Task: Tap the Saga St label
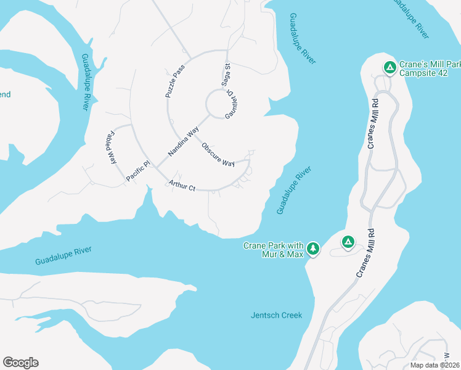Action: click(226, 75)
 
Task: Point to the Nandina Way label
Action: click(183, 142)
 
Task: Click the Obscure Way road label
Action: click(218, 155)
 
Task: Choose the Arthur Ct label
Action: click(182, 185)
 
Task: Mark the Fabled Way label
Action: click(112, 146)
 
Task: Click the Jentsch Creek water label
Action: click(277, 315)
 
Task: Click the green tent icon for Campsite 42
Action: click(390, 67)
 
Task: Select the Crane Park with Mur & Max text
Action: click(274, 249)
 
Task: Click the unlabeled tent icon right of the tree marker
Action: click(348, 242)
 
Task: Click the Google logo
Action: click(20, 363)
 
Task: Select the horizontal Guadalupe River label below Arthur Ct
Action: click(63, 255)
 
